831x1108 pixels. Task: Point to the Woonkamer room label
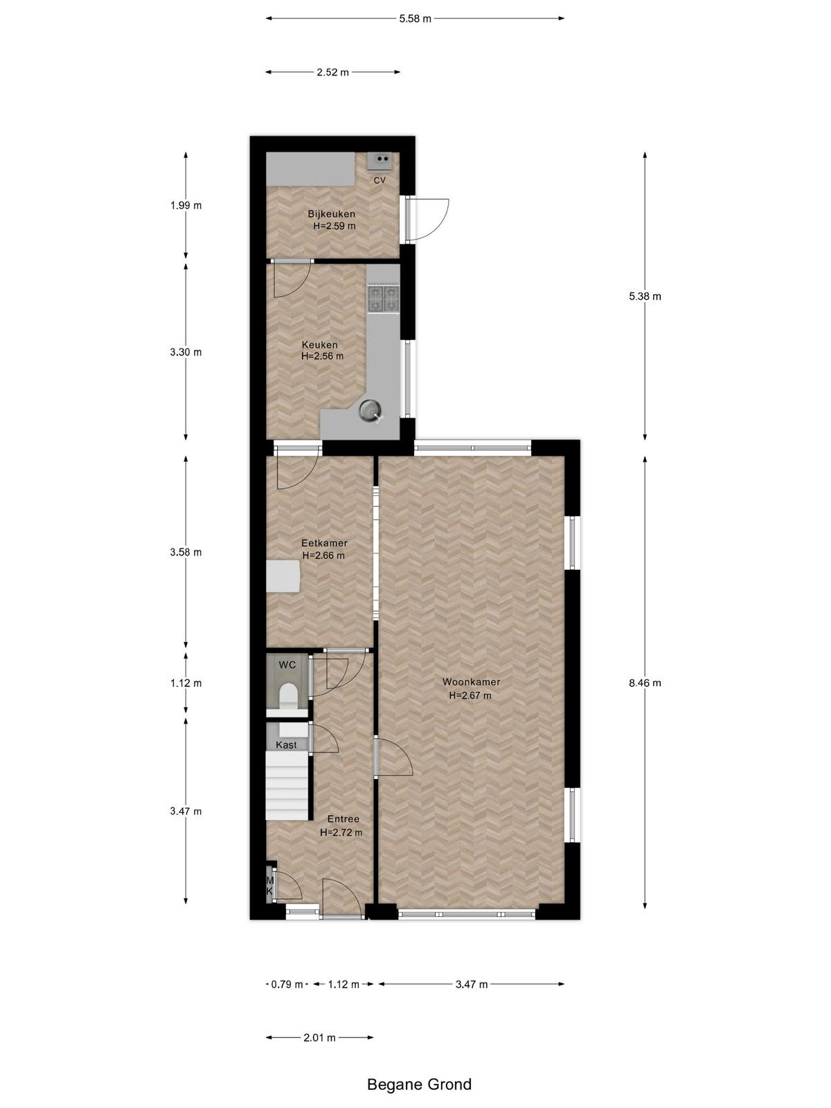(471, 681)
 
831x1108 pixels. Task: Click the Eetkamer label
(324, 543)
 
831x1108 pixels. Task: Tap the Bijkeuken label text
(332, 214)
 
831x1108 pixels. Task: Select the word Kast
(286, 744)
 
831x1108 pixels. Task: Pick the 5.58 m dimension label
(415, 19)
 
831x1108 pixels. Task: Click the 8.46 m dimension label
(645, 683)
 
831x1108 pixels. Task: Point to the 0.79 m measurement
(287, 984)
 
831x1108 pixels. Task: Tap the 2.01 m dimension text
(319, 1038)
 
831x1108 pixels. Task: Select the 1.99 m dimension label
(186, 206)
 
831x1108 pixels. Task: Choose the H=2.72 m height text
(341, 832)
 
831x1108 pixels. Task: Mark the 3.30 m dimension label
(186, 352)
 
